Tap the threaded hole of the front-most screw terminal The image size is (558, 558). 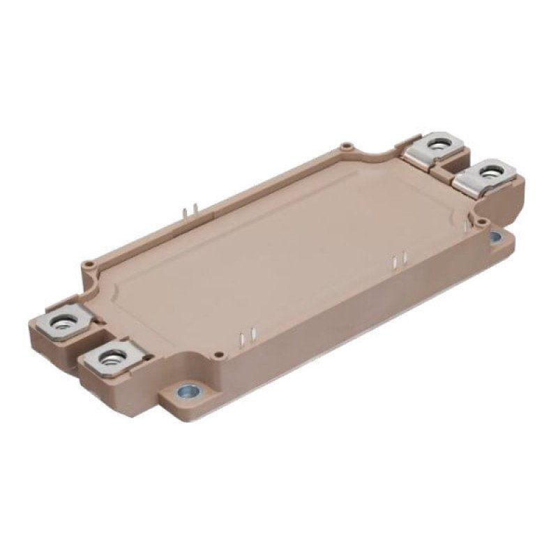point(110,359)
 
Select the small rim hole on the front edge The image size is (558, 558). point(220,354)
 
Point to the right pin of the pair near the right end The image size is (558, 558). point(402,259)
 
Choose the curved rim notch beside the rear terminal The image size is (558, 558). point(384,153)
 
